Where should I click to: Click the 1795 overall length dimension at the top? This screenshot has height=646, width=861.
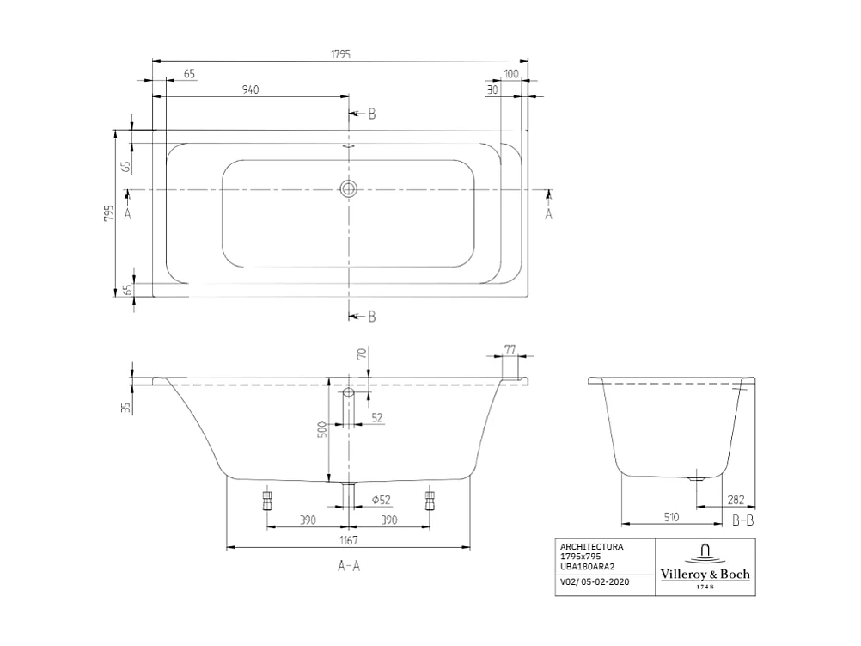pyautogui.click(x=340, y=53)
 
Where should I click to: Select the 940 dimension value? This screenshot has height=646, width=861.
pyautogui.click(x=250, y=89)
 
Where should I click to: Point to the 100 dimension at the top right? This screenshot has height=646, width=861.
pyautogui.click(x=511, y=75)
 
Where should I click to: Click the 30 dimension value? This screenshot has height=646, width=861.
pyautogui.click(x=492, y=89)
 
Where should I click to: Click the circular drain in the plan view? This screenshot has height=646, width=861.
pyautogui.click(x=348, y=189)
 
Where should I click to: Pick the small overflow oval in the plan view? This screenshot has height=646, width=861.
pyautogui.click(x=348, y=146)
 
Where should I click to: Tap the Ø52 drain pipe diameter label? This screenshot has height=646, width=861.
pyautogui.click(x=381, y=500)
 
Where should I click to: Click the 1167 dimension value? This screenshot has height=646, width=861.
pyautogui.click(x=347, y=540)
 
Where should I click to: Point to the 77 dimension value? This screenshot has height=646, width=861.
pyautogui.click(x=510, y=348)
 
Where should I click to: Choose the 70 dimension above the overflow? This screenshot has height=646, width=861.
pyautogui.click(x=362, y=353)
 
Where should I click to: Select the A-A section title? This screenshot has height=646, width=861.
pyautogui.click(x=347, y=566)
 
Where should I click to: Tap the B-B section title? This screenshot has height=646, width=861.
pyautogui.click(x=742, y=521)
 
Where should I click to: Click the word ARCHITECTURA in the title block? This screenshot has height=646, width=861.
pyautogui.click(x=591, y=547)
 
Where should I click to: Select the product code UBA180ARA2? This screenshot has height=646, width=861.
pyautogui.click(x=593, y=566)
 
